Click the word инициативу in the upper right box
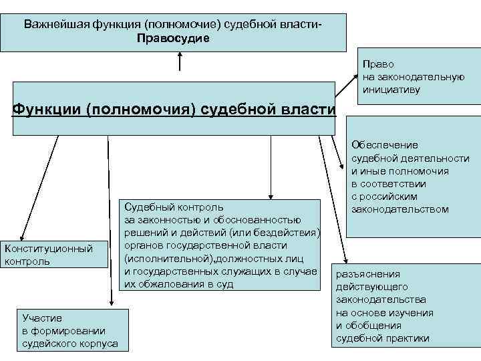(391, 89)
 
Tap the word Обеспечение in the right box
(385, 145)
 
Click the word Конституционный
(48, 249)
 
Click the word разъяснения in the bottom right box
(368, 274)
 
